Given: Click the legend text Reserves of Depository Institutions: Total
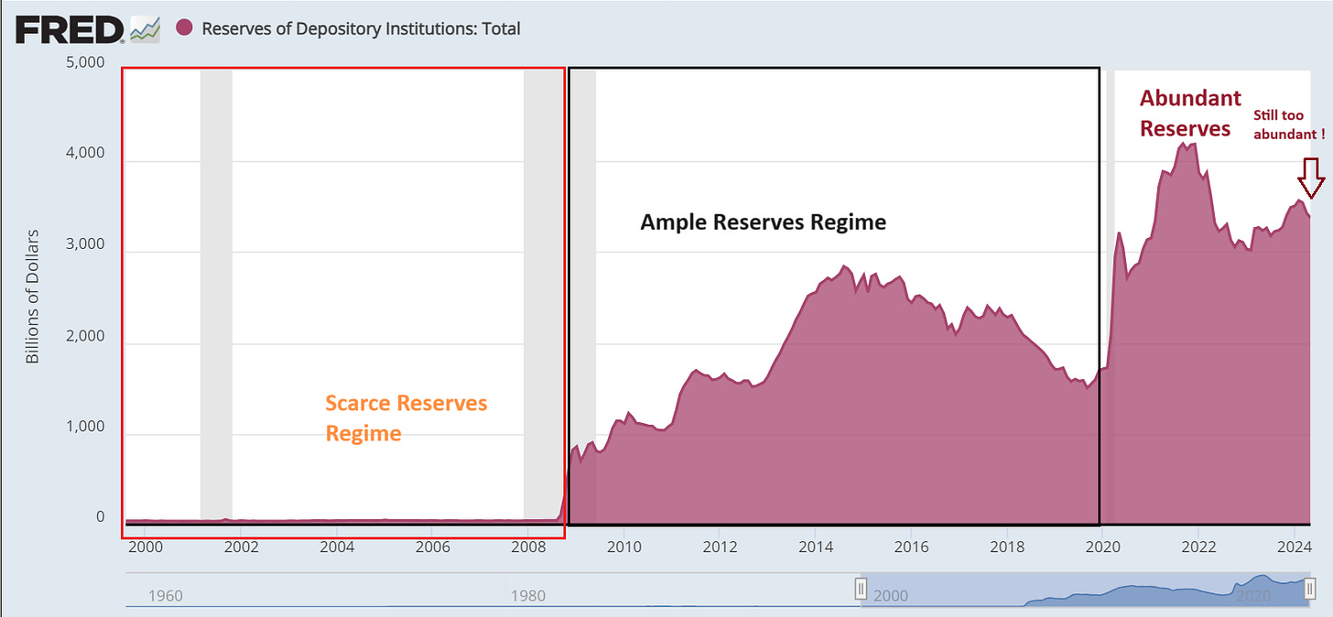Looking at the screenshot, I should [361, 29].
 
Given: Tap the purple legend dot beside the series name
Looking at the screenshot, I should [185, 28].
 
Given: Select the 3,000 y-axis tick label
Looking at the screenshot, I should [87, 246].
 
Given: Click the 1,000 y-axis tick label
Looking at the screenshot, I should [87, 428].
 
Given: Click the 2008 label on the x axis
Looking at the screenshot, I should [528, 547].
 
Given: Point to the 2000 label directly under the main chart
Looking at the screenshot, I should [145, 547].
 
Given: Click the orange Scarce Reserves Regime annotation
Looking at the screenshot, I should [406, 417].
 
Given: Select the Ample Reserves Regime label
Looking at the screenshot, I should [763, 222].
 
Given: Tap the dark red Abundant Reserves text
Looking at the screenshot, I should [1189, 113].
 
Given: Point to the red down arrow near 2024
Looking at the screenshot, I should [1311, 177].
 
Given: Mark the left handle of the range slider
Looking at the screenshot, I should [861, 589].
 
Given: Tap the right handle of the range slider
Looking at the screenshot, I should [1310, 589].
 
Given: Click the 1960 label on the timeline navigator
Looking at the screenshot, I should [166, 596].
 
